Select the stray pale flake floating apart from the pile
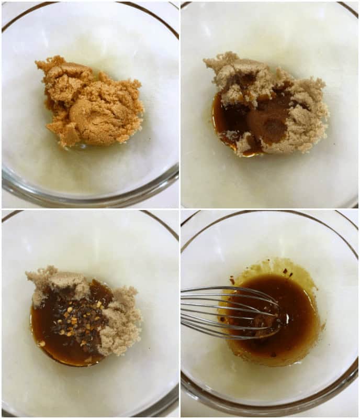pos(41,344)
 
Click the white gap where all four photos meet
pos(179,209)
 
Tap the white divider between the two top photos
pos(179,105)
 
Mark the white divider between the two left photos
pos(90,209)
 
